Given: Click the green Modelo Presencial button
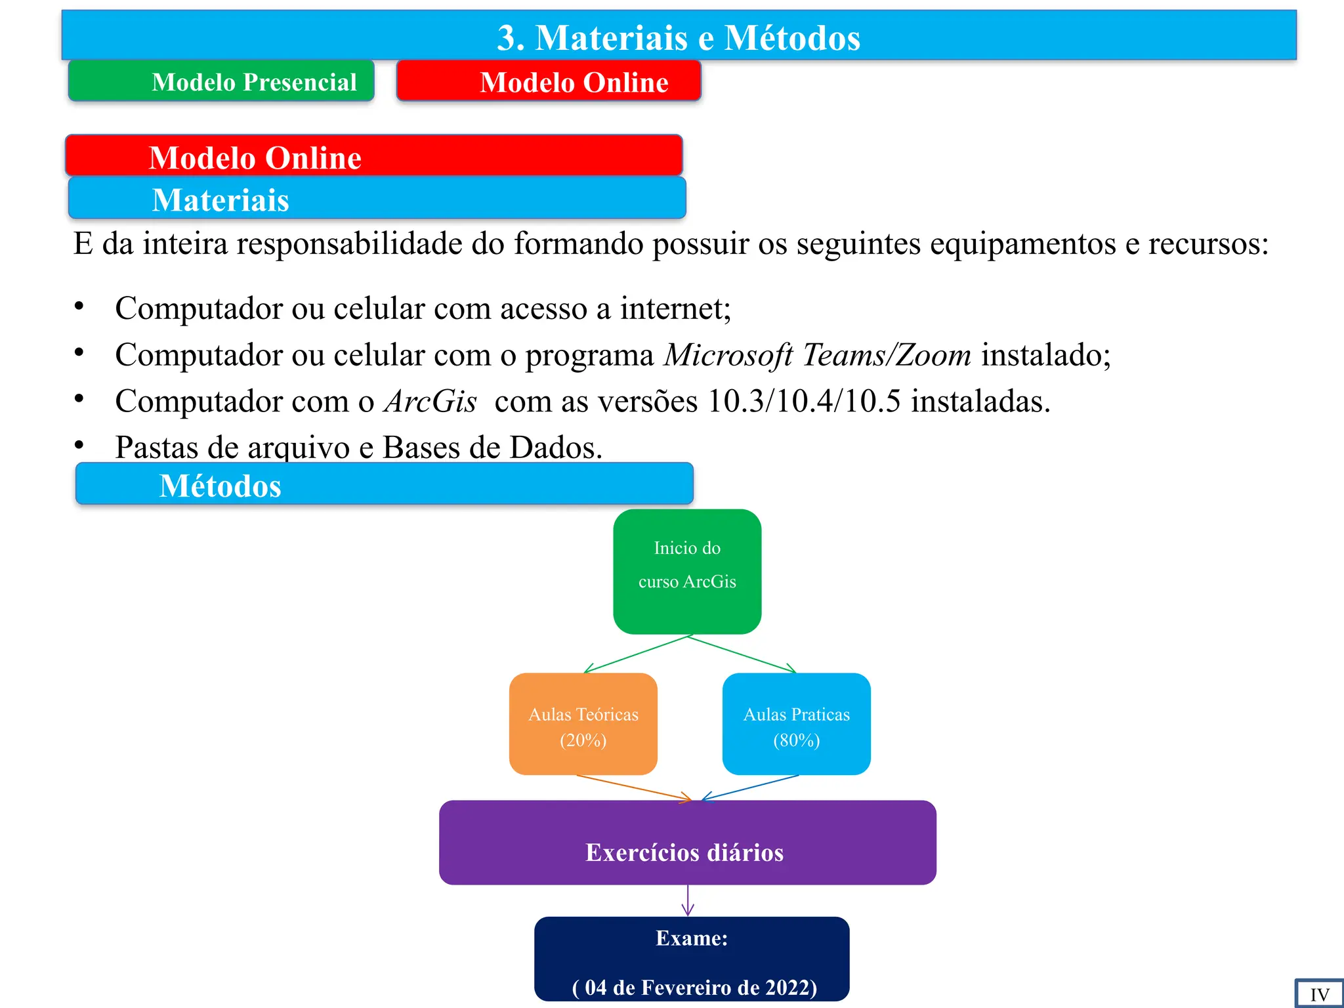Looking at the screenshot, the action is tap(221, 81).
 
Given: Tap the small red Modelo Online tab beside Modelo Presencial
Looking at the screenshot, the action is tap(549, 81).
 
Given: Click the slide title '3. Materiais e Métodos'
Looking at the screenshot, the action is tap(679, 37).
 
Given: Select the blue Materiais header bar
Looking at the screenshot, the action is tap(377, 198).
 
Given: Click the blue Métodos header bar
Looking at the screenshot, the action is tap(384, 484).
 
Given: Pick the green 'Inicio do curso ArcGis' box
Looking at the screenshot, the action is tap(687, 571).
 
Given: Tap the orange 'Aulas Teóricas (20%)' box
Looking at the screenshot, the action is tap(583, 724).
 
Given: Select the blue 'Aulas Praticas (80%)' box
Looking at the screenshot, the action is tap(796, 724).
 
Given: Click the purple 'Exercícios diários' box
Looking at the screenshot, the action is tap(687, 843).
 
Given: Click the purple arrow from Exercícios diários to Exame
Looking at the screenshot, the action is tap(688, 900).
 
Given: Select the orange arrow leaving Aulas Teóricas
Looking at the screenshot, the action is tap(633, 787).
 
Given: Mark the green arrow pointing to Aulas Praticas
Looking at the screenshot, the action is tap(742, 654).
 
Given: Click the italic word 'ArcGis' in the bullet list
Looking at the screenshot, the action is tap(430, 401).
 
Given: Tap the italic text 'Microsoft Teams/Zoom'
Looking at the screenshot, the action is tap(818, 355).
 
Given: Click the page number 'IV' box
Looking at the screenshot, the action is tap(1319, 994).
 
